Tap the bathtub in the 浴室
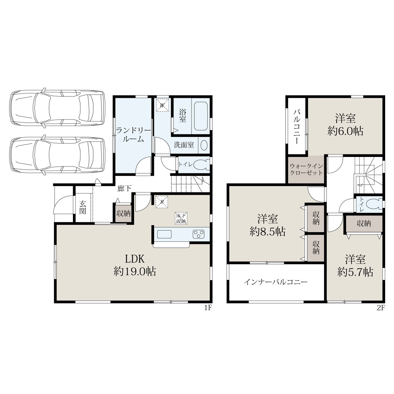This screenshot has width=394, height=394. point(201,116)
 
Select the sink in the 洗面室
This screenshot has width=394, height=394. point(204,145)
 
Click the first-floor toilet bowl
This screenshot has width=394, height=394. point(201,164)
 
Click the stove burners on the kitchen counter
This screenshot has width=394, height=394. point(198,234)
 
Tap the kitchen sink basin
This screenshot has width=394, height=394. point(164,234)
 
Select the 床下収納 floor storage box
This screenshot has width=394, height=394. point(181,218)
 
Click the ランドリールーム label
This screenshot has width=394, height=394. point(133,135)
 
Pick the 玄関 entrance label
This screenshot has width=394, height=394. point(83,207)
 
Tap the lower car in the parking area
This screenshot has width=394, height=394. point(57,155)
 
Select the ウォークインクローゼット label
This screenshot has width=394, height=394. point(306,169)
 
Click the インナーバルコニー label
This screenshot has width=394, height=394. point(275,282)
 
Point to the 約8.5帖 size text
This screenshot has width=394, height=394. point(268,232)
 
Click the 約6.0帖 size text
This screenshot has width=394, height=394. point(345,131)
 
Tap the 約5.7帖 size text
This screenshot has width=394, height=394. point(355,272)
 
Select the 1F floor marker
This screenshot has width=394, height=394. point(208,308)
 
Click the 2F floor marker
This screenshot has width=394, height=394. point(381,308)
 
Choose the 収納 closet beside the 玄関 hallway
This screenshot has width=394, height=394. point(123,213)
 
